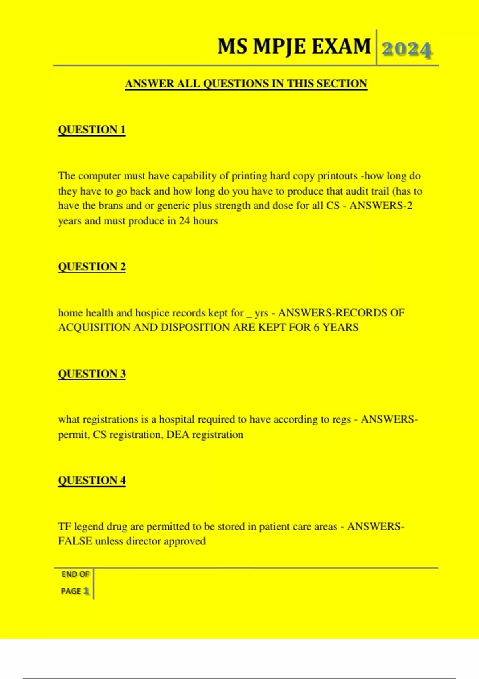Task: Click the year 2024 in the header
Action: tap(407, 50)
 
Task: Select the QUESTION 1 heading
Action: tap(92, 130)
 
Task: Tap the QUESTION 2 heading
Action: tap(92, 267)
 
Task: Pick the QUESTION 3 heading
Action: tap(92, 374)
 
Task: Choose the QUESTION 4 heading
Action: tap(92, 480)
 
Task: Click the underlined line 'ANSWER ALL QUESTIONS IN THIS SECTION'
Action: tap(246, 84)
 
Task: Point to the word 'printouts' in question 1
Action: tap(337, 176)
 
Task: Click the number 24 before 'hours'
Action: tap(184, 221)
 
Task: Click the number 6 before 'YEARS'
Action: tap(316, 328)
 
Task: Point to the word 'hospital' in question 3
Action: tap(177, 419)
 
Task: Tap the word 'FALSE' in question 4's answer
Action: tap(75, 541)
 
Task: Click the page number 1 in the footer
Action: tap(86, 591)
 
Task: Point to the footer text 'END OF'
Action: tap(75, 574)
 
